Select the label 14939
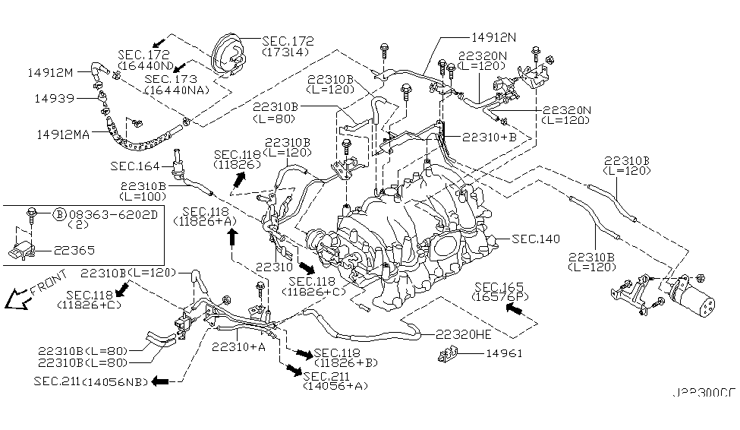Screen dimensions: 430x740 (x=51, y=98)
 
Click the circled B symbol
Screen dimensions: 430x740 (x=59, y=214)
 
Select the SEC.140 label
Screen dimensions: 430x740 (x=536, y=239)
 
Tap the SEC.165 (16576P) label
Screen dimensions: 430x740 (x=499, y=292)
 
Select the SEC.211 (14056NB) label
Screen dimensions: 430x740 (x=90, y=380)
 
